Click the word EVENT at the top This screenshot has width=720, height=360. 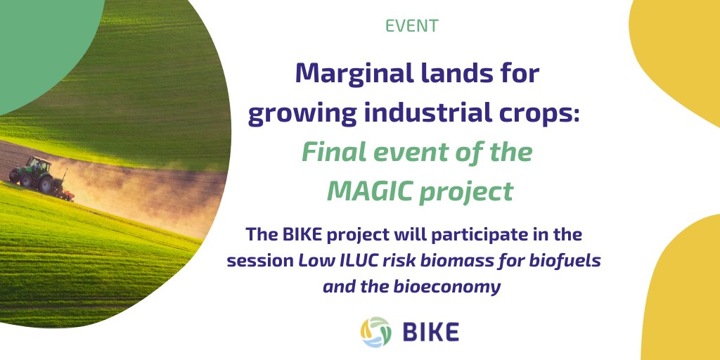(412, 26)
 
